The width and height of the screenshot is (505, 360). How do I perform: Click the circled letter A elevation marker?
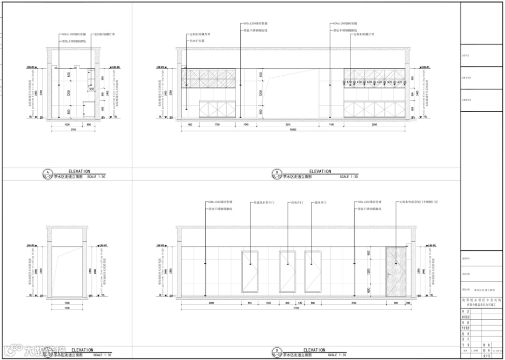click(46, 172)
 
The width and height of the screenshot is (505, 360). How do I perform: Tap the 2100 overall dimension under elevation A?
click(72, 130)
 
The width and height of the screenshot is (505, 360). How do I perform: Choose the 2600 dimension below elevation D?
click(211, 303)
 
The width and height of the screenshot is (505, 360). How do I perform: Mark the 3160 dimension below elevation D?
click(353, 303)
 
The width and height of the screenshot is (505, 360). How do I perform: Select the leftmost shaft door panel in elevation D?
click(250, 272)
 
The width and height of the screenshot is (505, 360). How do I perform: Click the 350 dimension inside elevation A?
click(92, 89)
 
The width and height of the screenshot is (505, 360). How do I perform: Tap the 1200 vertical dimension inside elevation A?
click(68, 93)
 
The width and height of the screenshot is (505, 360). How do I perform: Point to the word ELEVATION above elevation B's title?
click(320, 171)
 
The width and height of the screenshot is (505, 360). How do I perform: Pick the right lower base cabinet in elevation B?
click(374, 109)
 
